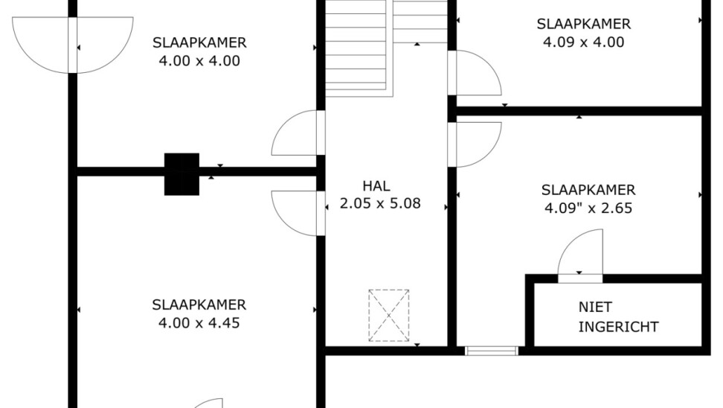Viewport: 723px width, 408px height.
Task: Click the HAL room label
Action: click(x=376, y=186)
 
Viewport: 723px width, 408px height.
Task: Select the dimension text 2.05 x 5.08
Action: click(x=380, y=203)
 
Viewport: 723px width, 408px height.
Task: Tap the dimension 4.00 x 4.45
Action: click(x=199, y=322)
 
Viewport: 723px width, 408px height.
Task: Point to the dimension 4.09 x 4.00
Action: click(x=583, y=42)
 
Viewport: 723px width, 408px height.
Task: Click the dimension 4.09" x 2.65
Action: click(x=588, y=208)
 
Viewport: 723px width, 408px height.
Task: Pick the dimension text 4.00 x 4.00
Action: click(x=199, y=61)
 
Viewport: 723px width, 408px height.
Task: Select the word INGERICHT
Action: click(x=618, y=327)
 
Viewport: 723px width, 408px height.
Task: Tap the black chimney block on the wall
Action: click(x=181, y=174)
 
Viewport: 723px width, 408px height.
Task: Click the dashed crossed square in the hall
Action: click(x=389, y=316)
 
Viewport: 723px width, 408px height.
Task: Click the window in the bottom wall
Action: click(x=492, y=351)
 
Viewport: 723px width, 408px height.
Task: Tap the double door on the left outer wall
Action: click(x=73, y=45)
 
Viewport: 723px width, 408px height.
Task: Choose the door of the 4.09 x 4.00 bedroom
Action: click(x=475, y=73)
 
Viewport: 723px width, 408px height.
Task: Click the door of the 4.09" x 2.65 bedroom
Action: click(x=475, y=144)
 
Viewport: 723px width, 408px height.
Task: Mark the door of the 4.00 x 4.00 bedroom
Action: click(x=298, y=133)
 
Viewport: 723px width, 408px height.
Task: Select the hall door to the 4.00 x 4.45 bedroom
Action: click(x=298, y=213)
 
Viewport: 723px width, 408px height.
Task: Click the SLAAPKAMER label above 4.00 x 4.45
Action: click(x=199, y=305)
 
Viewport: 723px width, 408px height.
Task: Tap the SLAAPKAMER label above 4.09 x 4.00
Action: click(x=583, y=24)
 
